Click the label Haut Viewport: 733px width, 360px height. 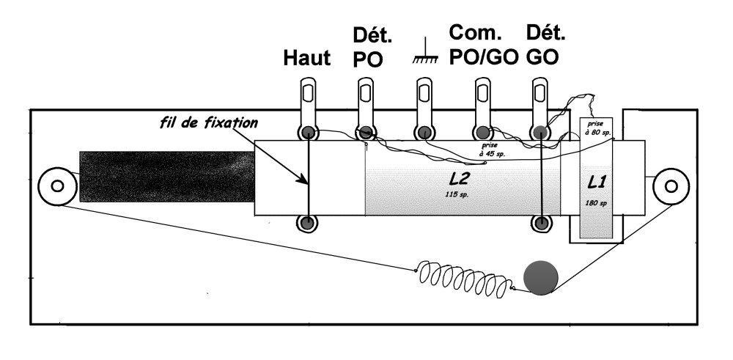pos(307,59)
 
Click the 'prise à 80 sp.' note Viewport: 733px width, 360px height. pos(596,128)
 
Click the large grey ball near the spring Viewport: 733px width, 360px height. pos(541,278)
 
